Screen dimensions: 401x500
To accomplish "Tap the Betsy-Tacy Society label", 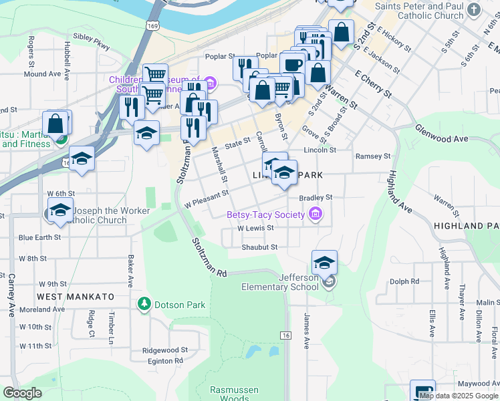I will pos(266,215).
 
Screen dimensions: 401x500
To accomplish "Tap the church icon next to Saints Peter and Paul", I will pos(475,9).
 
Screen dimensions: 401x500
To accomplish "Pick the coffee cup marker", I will pos(292,65).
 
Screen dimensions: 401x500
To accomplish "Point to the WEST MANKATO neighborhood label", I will pos(76,296).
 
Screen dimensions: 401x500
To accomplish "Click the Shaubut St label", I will pos(259,247).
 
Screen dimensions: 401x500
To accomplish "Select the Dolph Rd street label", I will pos(404,281).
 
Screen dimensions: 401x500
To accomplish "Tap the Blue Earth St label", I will pos(39,237).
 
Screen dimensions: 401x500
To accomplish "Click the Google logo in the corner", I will pos(23,393).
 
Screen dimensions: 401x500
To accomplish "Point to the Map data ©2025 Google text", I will pos(459,396).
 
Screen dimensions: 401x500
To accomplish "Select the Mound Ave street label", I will pos(42,74).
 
